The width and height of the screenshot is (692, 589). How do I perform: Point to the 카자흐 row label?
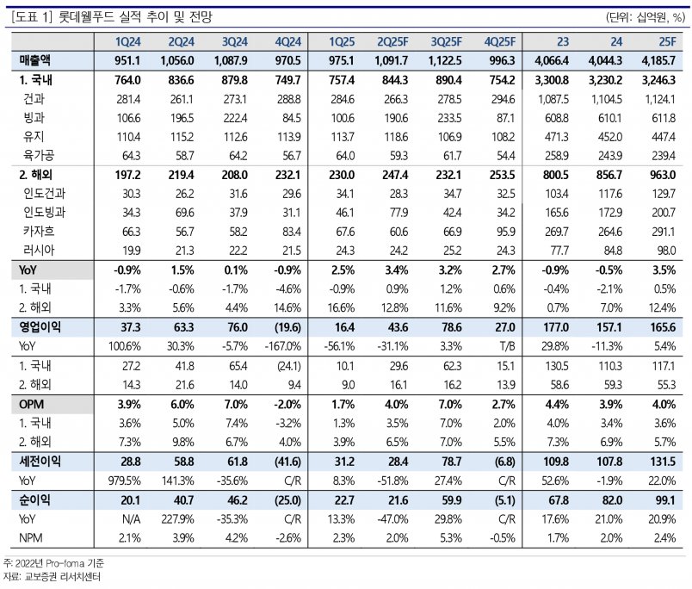coord(41,231)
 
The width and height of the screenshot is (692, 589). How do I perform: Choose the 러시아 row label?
coord(41,250)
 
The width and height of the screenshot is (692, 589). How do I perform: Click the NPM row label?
coord(33,539)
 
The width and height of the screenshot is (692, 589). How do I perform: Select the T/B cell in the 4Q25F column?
coord(504,346)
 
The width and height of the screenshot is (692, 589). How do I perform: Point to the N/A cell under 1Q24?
coord(129,520)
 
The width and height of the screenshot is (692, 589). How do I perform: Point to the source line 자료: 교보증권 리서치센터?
coord(52,577)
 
